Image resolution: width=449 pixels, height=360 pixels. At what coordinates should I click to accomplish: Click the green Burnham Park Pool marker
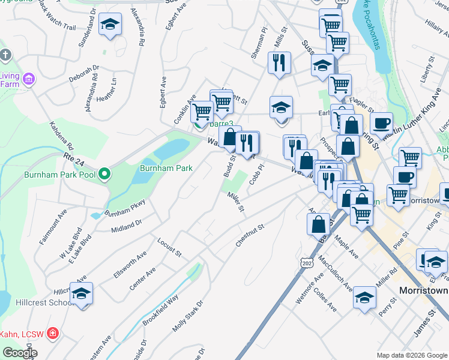(105, 175)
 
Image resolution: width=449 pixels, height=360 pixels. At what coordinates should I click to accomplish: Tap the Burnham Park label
(166, 168)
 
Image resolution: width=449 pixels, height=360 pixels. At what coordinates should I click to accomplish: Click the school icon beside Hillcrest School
(82, 293)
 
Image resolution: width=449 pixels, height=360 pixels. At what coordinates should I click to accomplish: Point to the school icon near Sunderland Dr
(110, 25)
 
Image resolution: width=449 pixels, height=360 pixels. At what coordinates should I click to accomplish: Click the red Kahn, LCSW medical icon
(53, 332)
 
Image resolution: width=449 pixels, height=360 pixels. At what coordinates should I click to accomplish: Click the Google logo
(20, 353)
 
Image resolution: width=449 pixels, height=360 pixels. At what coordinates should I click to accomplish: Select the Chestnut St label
(250, 236)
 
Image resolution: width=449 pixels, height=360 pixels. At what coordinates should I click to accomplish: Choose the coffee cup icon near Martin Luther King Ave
(381, 124)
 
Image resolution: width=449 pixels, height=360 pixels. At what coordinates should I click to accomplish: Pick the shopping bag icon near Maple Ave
(318, 224)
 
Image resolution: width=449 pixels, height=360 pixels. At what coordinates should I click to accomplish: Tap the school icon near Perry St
(364, 298)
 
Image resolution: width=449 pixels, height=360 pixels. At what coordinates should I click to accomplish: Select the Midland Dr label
(126, 226)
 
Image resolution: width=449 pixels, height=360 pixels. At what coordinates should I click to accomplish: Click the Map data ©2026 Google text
(412, 355)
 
